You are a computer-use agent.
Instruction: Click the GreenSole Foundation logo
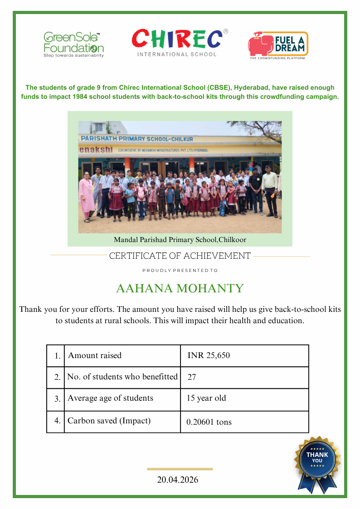(x=73, y=44)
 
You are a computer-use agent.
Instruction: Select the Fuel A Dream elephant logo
(x=277, y=45)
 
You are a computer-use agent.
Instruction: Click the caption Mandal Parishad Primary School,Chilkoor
(x=180, y=239)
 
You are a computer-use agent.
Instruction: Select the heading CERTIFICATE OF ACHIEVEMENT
(x=180, y=256)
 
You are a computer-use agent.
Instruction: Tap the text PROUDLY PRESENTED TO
(x=180, y=271)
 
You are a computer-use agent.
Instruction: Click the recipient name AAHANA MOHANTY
(x=180, y=288)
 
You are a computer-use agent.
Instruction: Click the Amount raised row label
(x=95, y=355)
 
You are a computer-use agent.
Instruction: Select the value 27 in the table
(x=191, y=377)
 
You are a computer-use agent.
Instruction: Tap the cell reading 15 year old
(x=206, y=398)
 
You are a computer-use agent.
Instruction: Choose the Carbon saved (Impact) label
(x=109, y=421)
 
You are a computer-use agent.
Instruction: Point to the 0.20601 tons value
(x=209, y=422)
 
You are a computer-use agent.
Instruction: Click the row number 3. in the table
(x=58, y=399)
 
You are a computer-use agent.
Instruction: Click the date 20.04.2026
(x=178, y=480)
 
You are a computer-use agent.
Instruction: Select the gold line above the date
(x=180, y=469)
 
